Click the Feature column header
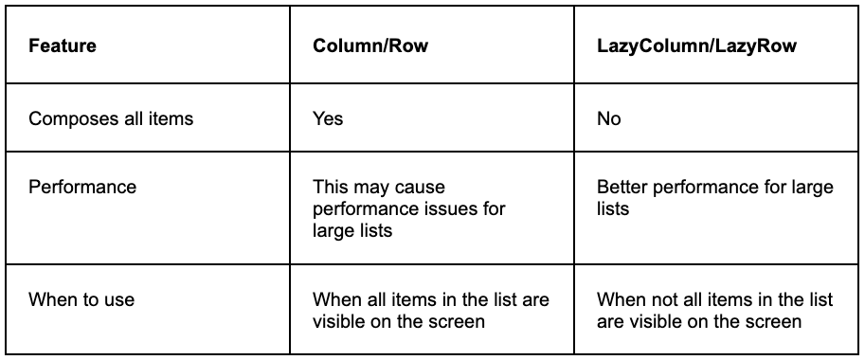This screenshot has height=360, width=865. pyautogui.click(x=63, y=45)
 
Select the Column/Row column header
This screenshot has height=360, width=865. pyautogui.click(x=370, y=45)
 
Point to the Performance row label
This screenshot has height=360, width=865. pyautogui.click(x=82, y=187)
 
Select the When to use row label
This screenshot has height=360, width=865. pyautogui.click(x=81, y=299)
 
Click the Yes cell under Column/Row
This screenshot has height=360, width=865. pyautogui.click(x=328, y=118)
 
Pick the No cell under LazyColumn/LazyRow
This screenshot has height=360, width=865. pyautogui.click(x=609, y=118)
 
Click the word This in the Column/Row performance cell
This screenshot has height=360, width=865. pyautogui.click(x=331, y=187)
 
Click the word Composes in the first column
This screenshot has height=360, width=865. pyautogui.click(x=69, y=118)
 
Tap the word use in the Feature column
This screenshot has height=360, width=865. pyautogui.click(x=120, y=299)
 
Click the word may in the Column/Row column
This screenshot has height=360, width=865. pyautogui.click(x=373, y=187)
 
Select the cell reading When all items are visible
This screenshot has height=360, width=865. pyautogui.click(x=431, y=310)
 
